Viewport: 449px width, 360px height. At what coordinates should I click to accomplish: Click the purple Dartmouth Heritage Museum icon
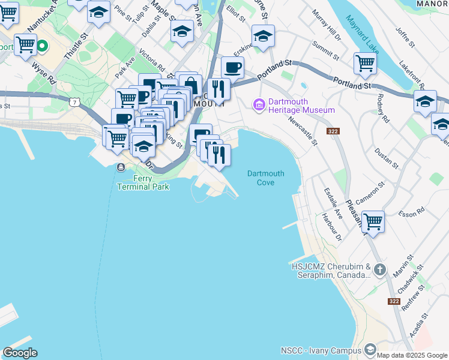[x=259, y=105]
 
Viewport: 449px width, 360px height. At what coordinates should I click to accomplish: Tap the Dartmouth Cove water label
[x=265, y=178]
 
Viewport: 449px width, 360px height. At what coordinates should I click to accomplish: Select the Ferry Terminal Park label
[x=143, y=182]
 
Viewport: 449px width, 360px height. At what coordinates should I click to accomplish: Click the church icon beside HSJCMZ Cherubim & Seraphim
[x=379, y=270]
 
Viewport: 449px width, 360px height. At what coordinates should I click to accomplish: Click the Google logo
[x=20, y=353]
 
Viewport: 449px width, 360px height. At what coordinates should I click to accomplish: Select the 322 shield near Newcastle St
[x=333, y=131]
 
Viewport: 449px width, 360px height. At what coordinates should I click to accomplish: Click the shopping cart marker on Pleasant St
[x=373, y=221]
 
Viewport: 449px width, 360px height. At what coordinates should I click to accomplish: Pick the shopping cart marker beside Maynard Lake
[x=364, y=62]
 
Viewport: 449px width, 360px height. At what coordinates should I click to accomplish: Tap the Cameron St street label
[x=369, y=193]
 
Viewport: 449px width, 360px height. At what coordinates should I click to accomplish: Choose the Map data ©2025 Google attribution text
[x=412, y=355]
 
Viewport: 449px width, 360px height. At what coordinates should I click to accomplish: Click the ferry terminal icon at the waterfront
[x=121, y=167]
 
